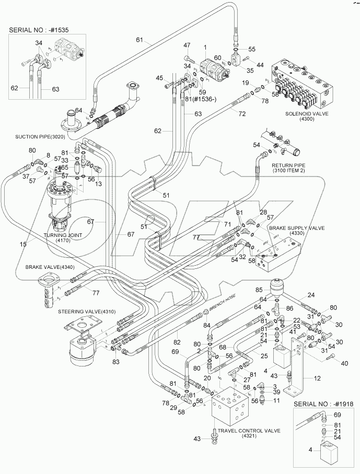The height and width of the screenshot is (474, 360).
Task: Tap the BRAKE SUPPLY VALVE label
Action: coord(289,228)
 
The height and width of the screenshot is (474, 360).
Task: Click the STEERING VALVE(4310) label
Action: coord(83,311)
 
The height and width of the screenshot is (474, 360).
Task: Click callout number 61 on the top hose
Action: coord(139,40)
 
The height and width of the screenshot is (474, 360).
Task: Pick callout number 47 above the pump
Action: coord(187,46)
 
